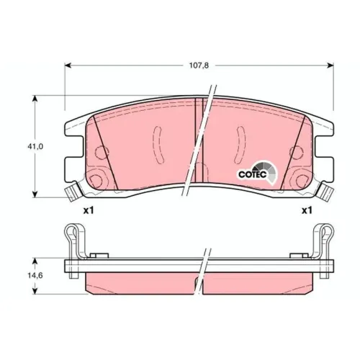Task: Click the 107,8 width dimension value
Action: point(199,66)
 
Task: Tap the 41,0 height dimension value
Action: point(35,147)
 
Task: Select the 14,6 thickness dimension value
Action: point(35,276)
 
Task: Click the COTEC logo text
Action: point(253,174)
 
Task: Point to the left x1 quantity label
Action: point(89,211)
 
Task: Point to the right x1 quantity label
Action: point(307,211)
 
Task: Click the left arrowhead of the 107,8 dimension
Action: point(68,66)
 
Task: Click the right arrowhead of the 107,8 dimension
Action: point(330,66)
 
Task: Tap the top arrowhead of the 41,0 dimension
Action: point(35,99)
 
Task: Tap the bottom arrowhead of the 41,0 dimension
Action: point(35,194)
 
